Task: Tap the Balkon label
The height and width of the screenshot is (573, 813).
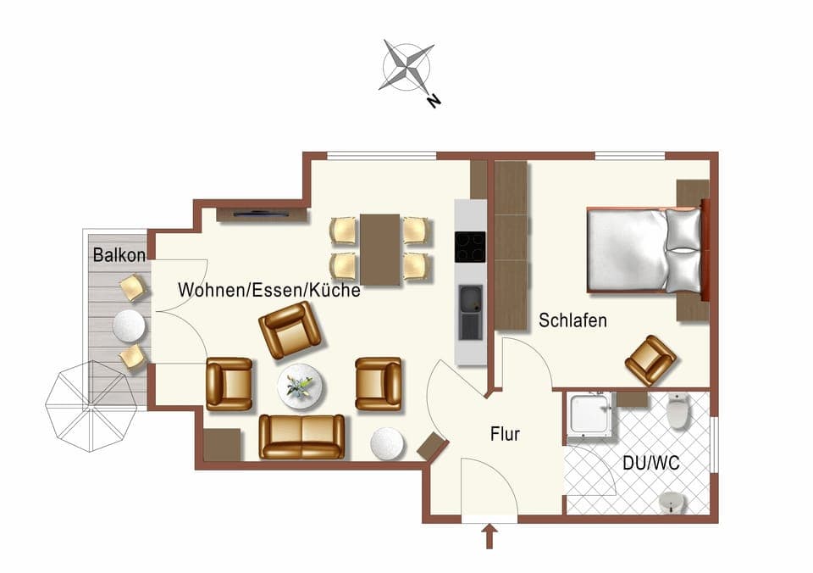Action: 119,254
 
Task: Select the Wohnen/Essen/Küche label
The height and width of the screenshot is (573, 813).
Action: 269,290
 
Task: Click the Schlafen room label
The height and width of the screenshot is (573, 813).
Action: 572,320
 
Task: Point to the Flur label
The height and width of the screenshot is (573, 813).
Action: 505,435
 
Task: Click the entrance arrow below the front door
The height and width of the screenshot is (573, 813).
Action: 489,536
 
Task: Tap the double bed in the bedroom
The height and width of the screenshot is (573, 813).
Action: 644,251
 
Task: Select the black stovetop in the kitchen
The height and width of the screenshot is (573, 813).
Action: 470,247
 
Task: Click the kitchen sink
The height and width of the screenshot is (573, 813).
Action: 470,301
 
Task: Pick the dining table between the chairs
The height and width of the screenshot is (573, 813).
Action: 380,249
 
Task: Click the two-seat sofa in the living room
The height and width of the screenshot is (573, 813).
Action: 301,437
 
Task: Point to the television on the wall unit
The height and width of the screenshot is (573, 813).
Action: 261,214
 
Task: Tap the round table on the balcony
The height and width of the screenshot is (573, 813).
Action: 130,325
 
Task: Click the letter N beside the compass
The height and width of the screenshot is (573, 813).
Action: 434,101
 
